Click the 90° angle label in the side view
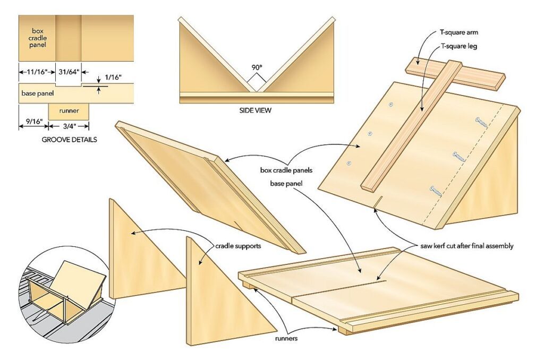(257, 68)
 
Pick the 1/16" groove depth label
(113, 77)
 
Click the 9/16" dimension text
(33, 126)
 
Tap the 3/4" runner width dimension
(69, 126)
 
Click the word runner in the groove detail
(69, 111)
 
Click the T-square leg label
(459, 46)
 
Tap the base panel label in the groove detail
(38, 93)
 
